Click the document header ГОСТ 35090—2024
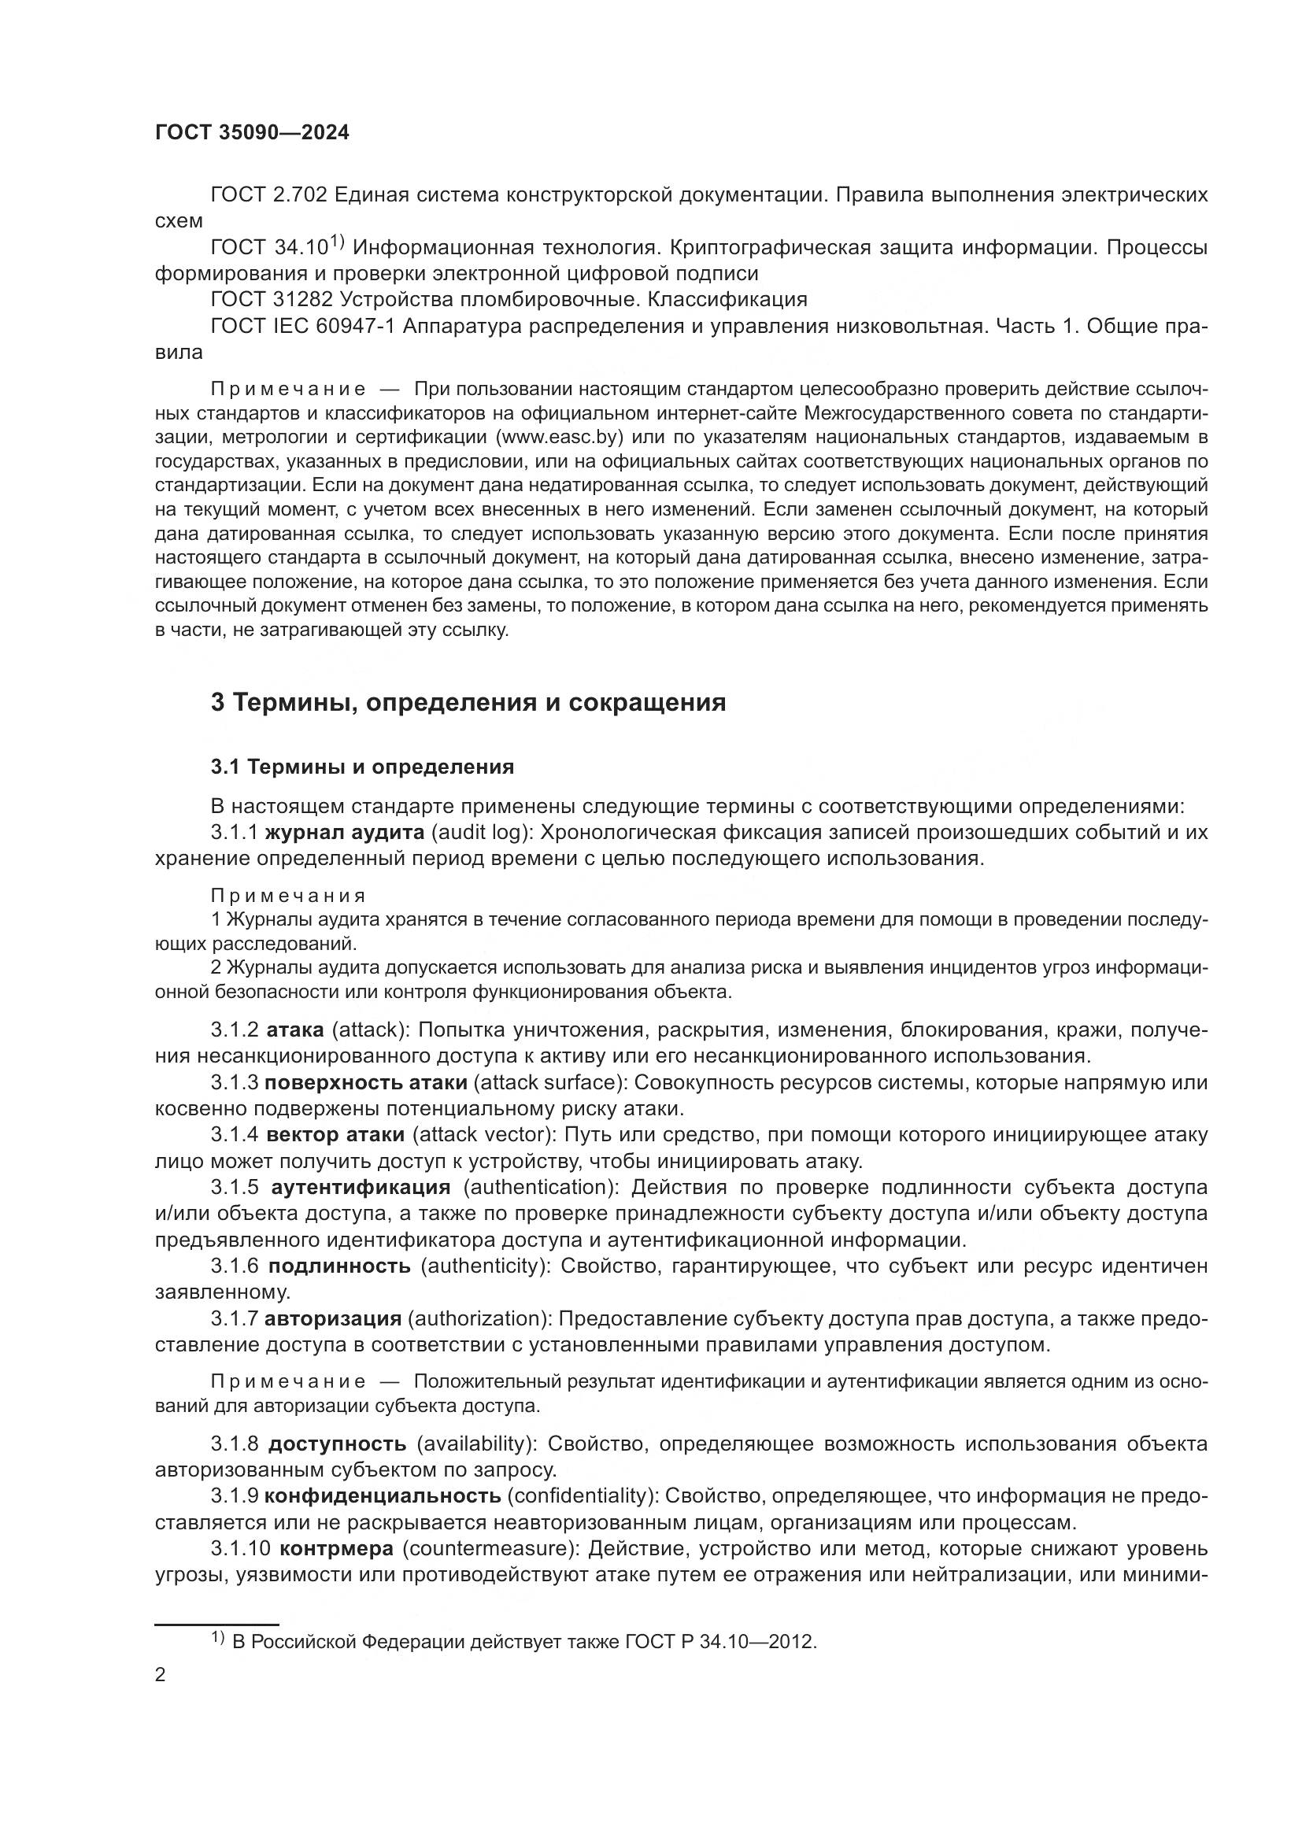pyautogui.click(x=252, y=133)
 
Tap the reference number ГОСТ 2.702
pyautogui.click(x=268, y=195)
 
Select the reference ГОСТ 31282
pyautogui.click(x=272, y=300)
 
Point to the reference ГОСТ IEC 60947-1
pyautogui.click(x=302, y=327)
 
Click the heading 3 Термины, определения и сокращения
pyautogui.click(x=468, y=702)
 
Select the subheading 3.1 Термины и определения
pyautogui.click(x=362, y=767)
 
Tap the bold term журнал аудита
pyautogui.click(x=344, y=832)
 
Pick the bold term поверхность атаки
pyautogui.click(x=365, y=1082)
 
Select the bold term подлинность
pyautogui.click(x=339, y=1266)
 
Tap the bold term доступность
pyautogui.click(x=338, y=1444)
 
